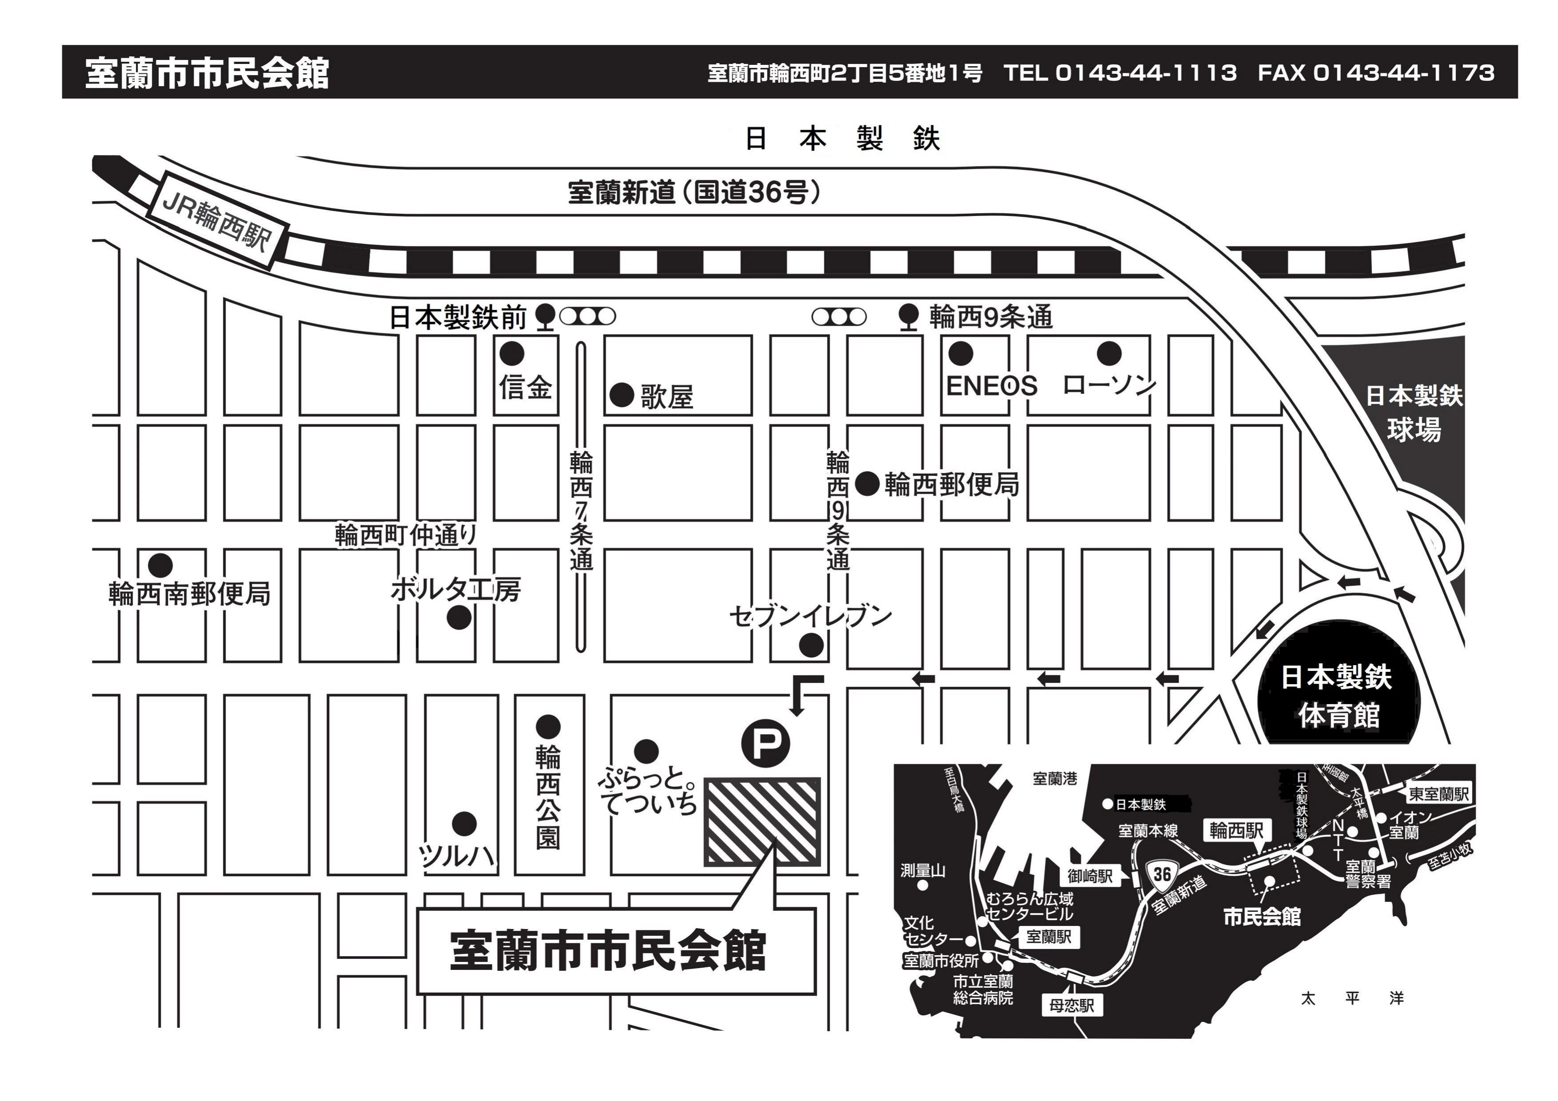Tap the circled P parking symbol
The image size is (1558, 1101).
coord(765,743)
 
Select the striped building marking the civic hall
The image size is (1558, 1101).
coord(763,822)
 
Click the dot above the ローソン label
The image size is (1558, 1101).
coord(1109,353)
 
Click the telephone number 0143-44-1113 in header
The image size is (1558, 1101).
coord(1146,72)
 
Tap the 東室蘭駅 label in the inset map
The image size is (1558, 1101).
coord(1438,794)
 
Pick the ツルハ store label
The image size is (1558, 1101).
coord(455,856)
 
